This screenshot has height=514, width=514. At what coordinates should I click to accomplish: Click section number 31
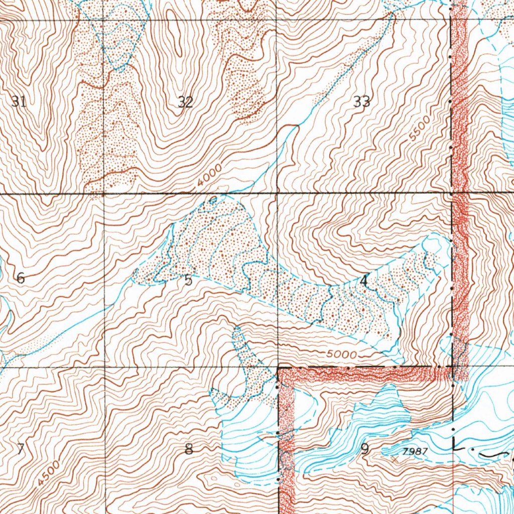pyautogui.click(x=19, y=102)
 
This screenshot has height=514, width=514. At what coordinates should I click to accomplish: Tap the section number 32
pyautogui.click(x=185, y=102)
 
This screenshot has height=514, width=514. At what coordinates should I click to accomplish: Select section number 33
pyautogui.click(x=361, y=102)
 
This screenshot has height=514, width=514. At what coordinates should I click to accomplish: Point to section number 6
pyautogui.click(x=21, y=278)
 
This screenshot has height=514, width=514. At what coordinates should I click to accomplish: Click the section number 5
pyautogui.click(x=188, y=280)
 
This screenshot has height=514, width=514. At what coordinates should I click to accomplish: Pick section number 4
pyautogui.click(x=363, y=282)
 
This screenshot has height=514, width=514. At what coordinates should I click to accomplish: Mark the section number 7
pyautogui.click(x=20, y=448)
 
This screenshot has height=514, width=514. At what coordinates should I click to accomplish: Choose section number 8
pyautogui.click(x=189, y=449)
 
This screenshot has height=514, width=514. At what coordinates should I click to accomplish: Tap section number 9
pyautogui.click(x=364, y=449)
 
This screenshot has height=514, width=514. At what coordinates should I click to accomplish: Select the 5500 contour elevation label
pyautogui.click(x=420, y=128)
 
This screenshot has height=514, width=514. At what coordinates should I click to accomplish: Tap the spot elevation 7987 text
pyautogui.click(x=415, y=451)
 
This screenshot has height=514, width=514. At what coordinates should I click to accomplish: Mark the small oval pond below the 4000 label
pyautogui.click(x=213, y=201)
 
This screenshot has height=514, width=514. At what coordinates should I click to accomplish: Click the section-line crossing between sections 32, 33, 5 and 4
pyautogui.click(x=277, y=192)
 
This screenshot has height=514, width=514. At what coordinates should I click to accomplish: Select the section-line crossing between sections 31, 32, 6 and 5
pyautogui.click(x=103, y=193)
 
